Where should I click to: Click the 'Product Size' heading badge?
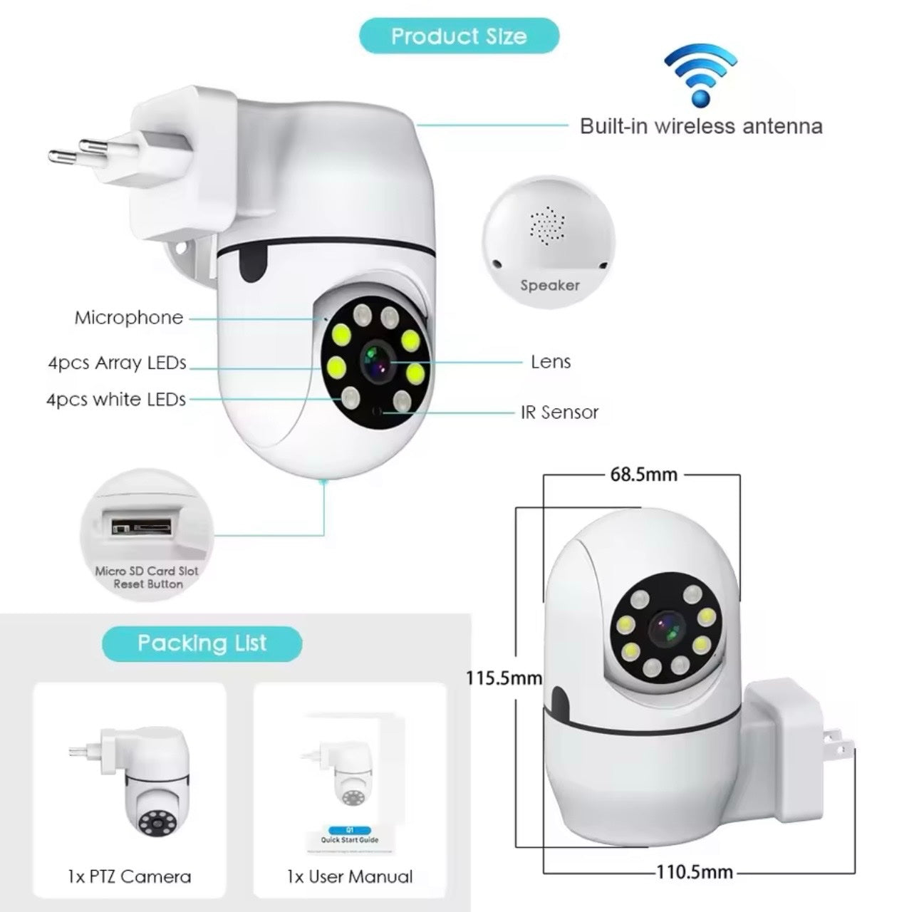pyautogui.click(x=459, y=36)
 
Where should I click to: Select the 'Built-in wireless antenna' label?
pyautogui.click(x=701, y=127)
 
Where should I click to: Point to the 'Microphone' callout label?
pyautogui.click(x=129, y=318)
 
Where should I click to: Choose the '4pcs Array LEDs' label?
pyautogui.click(x=117, y=363)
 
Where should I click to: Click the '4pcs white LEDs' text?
pyautogui.click(x=116, y=400)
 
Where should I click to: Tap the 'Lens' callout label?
pyautogui.click(x=551, y=362)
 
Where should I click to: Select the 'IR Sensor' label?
pyautogui.click(x=560, y=412)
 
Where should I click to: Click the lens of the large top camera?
pyautogui.click(x=376, y=359)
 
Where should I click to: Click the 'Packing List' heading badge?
pyautogui.click(x=202, y=643)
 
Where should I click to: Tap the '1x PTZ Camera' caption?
pyautogui.click(x=130, y=876)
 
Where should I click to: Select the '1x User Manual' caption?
pyautogui.click(x=350, y=876)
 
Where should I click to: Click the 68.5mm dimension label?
pyautogui.click(x=643, y=474)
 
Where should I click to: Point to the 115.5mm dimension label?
pyautogui.click(x=504, y=678)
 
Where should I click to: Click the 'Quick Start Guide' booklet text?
pyautogui.click(x=349, y=840)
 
